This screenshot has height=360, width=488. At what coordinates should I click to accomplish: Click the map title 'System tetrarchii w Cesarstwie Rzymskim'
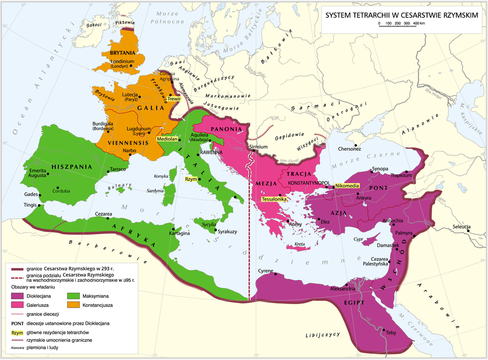click(402, 15)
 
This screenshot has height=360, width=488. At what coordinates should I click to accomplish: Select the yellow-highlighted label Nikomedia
click(347, 186)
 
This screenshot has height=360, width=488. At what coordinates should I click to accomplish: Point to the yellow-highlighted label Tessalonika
click(274, 200)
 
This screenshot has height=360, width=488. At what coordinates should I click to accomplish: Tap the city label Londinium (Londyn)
click(122, 64)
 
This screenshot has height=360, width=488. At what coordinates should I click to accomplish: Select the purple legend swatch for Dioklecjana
click(18, 296)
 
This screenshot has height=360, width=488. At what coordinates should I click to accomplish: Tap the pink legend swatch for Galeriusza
click(18, 305)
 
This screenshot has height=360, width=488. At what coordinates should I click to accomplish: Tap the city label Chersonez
click(350, 149)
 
